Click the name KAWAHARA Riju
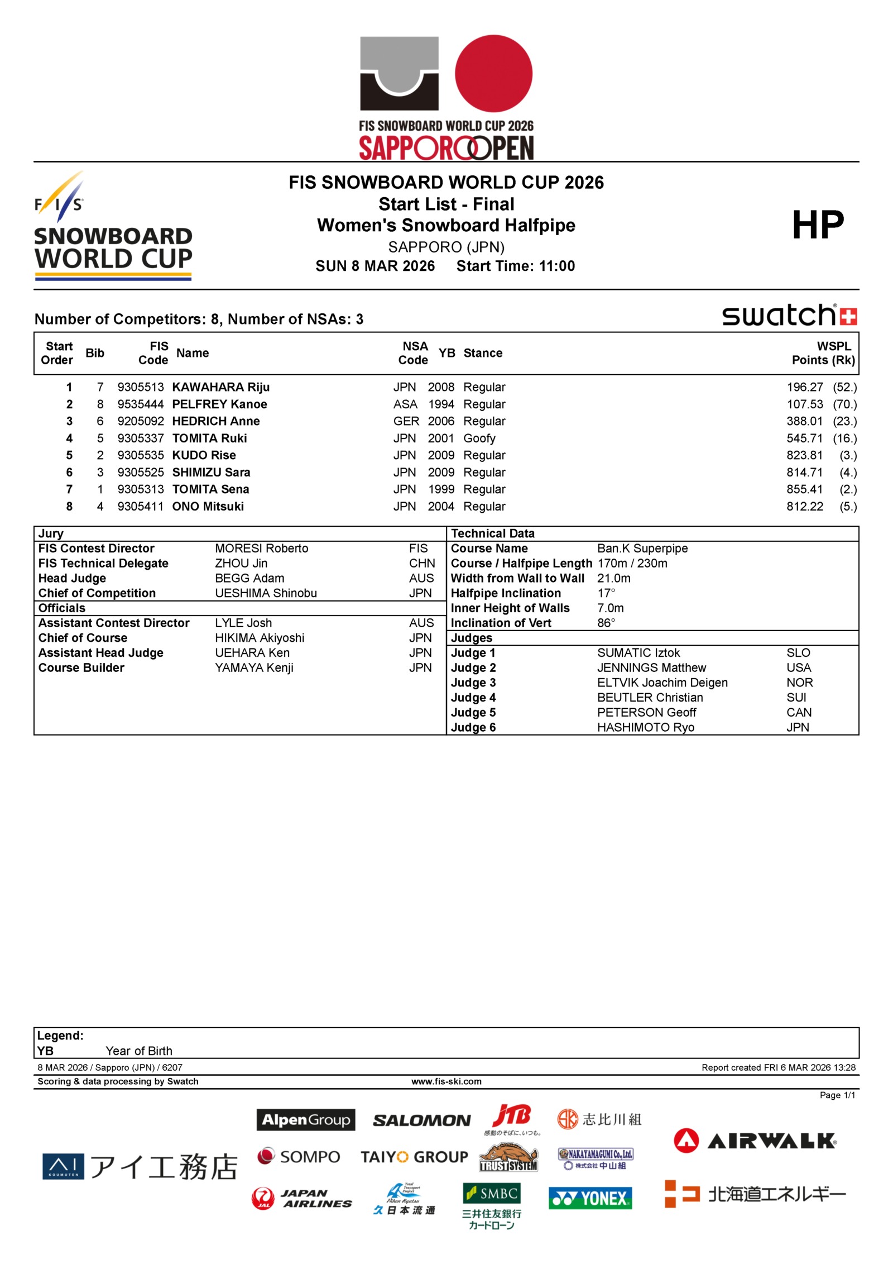tap(220, 387)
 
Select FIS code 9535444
tap(141, 404)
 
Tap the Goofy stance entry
tap(479, 438)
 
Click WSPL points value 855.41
tap(804, 489)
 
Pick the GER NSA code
tap(406, 421)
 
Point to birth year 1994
tap(441, 404)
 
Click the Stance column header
tap(482, 353)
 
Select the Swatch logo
tap(789, 316)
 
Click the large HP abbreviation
tap(818, 225)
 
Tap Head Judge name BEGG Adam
tap(249, 578)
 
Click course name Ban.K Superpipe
tap(642, 548)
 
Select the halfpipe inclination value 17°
tap(606, 593)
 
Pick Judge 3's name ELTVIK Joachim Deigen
tap(662, 683)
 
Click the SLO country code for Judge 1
tap(798, 653)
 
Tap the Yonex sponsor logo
tap(590, 1198)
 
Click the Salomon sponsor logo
tap(421, 1120)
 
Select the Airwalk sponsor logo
tap(755, 1141)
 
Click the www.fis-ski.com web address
tap(446, 1081)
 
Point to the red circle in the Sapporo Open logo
tap(493, 73)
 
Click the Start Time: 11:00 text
tap(515, 266)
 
